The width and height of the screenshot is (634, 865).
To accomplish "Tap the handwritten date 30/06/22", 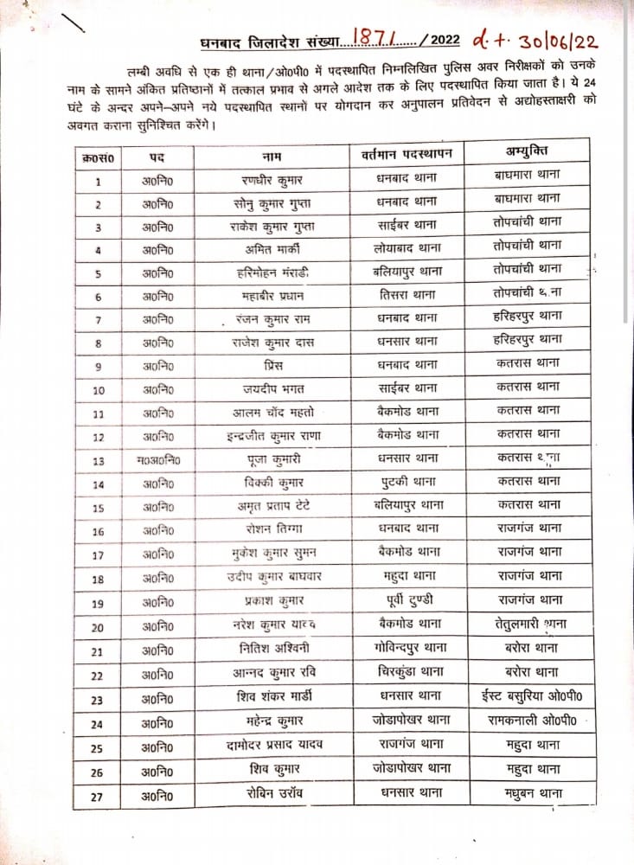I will pyautogui.click(x=551, y=41).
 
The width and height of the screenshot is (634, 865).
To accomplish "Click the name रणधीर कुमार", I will pyautogui.click(x=274, y=181).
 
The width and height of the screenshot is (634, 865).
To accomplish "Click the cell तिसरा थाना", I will pyautogui.click(x=408, y=295).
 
